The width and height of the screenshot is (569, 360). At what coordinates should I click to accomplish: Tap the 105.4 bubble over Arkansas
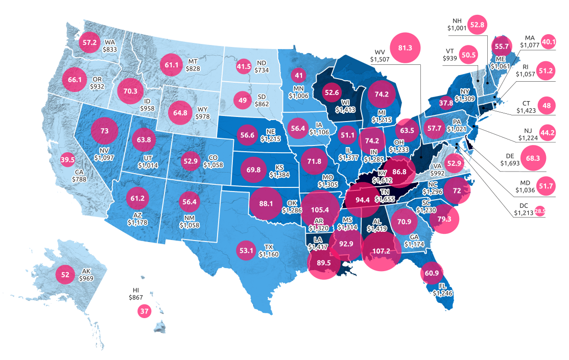pyautogui.click(x=320, y=210)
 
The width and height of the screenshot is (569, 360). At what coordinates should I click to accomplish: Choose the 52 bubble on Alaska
pyautogui.click(x=65, y=274)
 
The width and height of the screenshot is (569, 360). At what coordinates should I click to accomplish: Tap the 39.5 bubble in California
pyautogui.click(x=67, y=159)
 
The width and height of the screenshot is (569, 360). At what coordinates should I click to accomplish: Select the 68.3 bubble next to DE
pyautogui.click(x=533, y=158)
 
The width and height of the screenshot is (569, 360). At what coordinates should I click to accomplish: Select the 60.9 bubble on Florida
pyautogui.click(x=432, y=273)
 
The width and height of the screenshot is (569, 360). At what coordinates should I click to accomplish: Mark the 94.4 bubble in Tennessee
pyautogui.click(x=362, y=200)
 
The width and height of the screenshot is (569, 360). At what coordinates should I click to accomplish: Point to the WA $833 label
pyautogui.click(x=110, y=46)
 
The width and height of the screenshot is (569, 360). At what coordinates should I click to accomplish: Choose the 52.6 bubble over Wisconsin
pyautogui.click(x=331, y=92)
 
